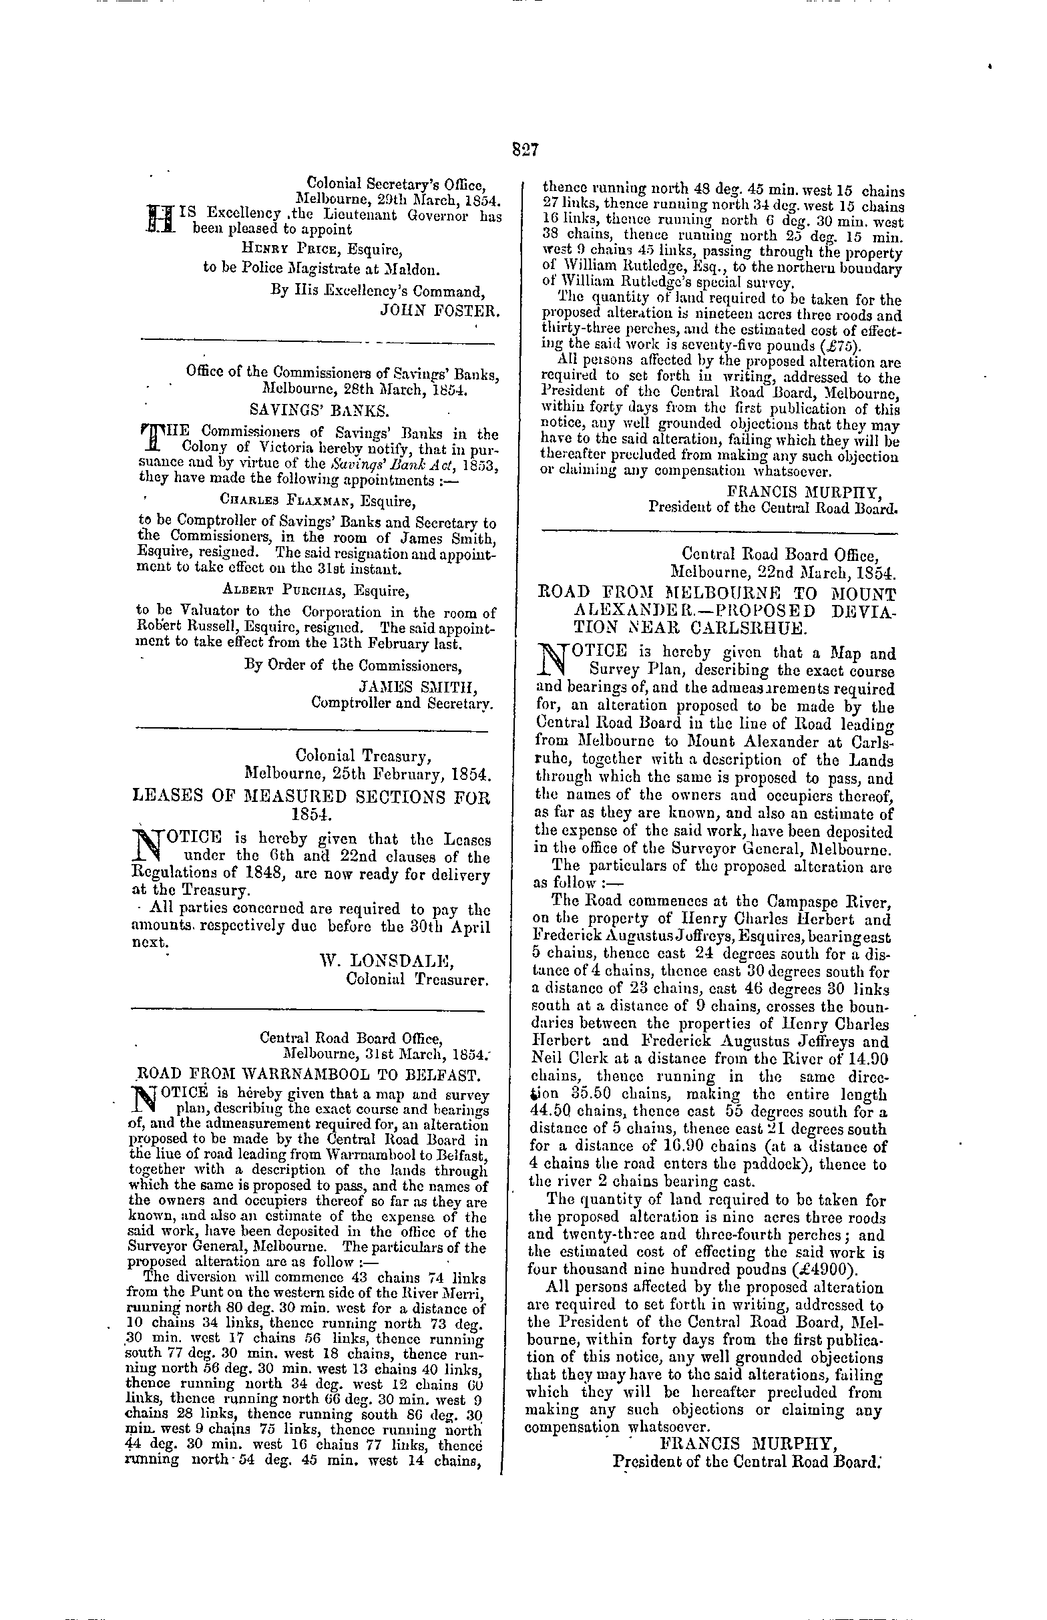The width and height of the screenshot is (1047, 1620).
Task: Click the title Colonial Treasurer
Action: pos(417,980)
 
